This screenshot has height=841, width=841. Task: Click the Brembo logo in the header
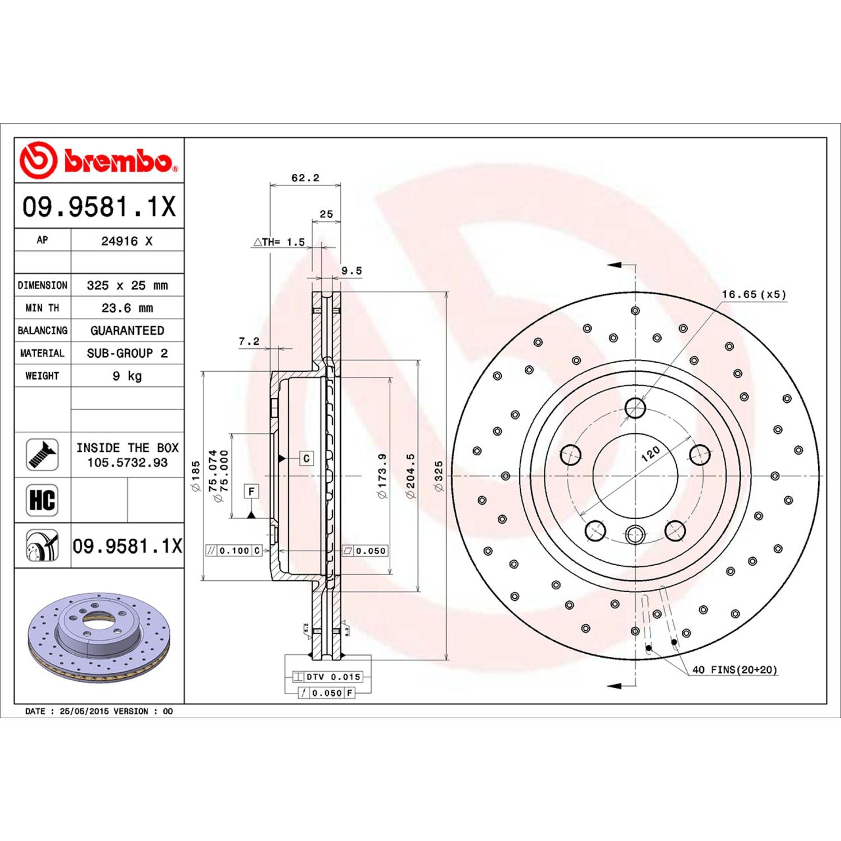tap(99, 160)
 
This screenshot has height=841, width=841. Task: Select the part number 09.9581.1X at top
tap(99, 206)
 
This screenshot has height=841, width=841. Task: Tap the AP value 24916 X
tap(127, 241)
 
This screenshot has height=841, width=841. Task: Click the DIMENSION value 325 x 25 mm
tap(127, 285)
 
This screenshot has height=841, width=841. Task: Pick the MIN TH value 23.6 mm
tap(127, 308)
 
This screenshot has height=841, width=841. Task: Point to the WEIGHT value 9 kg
tap(127, 376)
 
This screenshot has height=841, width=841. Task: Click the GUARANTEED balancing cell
tap(127, 331)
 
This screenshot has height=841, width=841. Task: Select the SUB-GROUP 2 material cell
tap(127, 353)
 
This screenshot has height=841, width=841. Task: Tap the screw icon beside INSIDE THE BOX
tap(42, 455)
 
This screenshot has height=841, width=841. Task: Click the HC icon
tap(42, 500)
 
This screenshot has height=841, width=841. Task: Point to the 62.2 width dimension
tap(305, 178)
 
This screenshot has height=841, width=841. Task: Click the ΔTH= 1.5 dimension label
tap(279, 242)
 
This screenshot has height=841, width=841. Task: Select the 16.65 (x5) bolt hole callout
tap(754, 294)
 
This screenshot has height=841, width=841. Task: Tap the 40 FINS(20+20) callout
tap(734, 669)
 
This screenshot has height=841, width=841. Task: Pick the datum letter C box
tap(306, 458)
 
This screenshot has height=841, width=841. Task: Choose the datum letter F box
tap(251, 492)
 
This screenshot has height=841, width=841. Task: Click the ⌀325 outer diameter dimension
tap(438, 476)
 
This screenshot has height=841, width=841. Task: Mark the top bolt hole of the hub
tap(635, 408)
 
